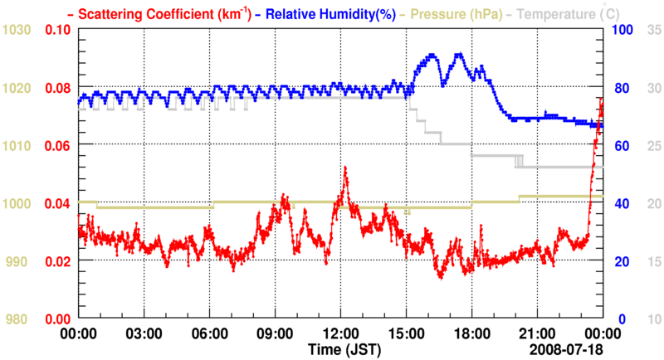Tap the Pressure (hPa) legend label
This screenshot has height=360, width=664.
pyautogui.click(x=456, y=13)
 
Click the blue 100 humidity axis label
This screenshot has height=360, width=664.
pyautogui.click(x=622, y=30)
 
